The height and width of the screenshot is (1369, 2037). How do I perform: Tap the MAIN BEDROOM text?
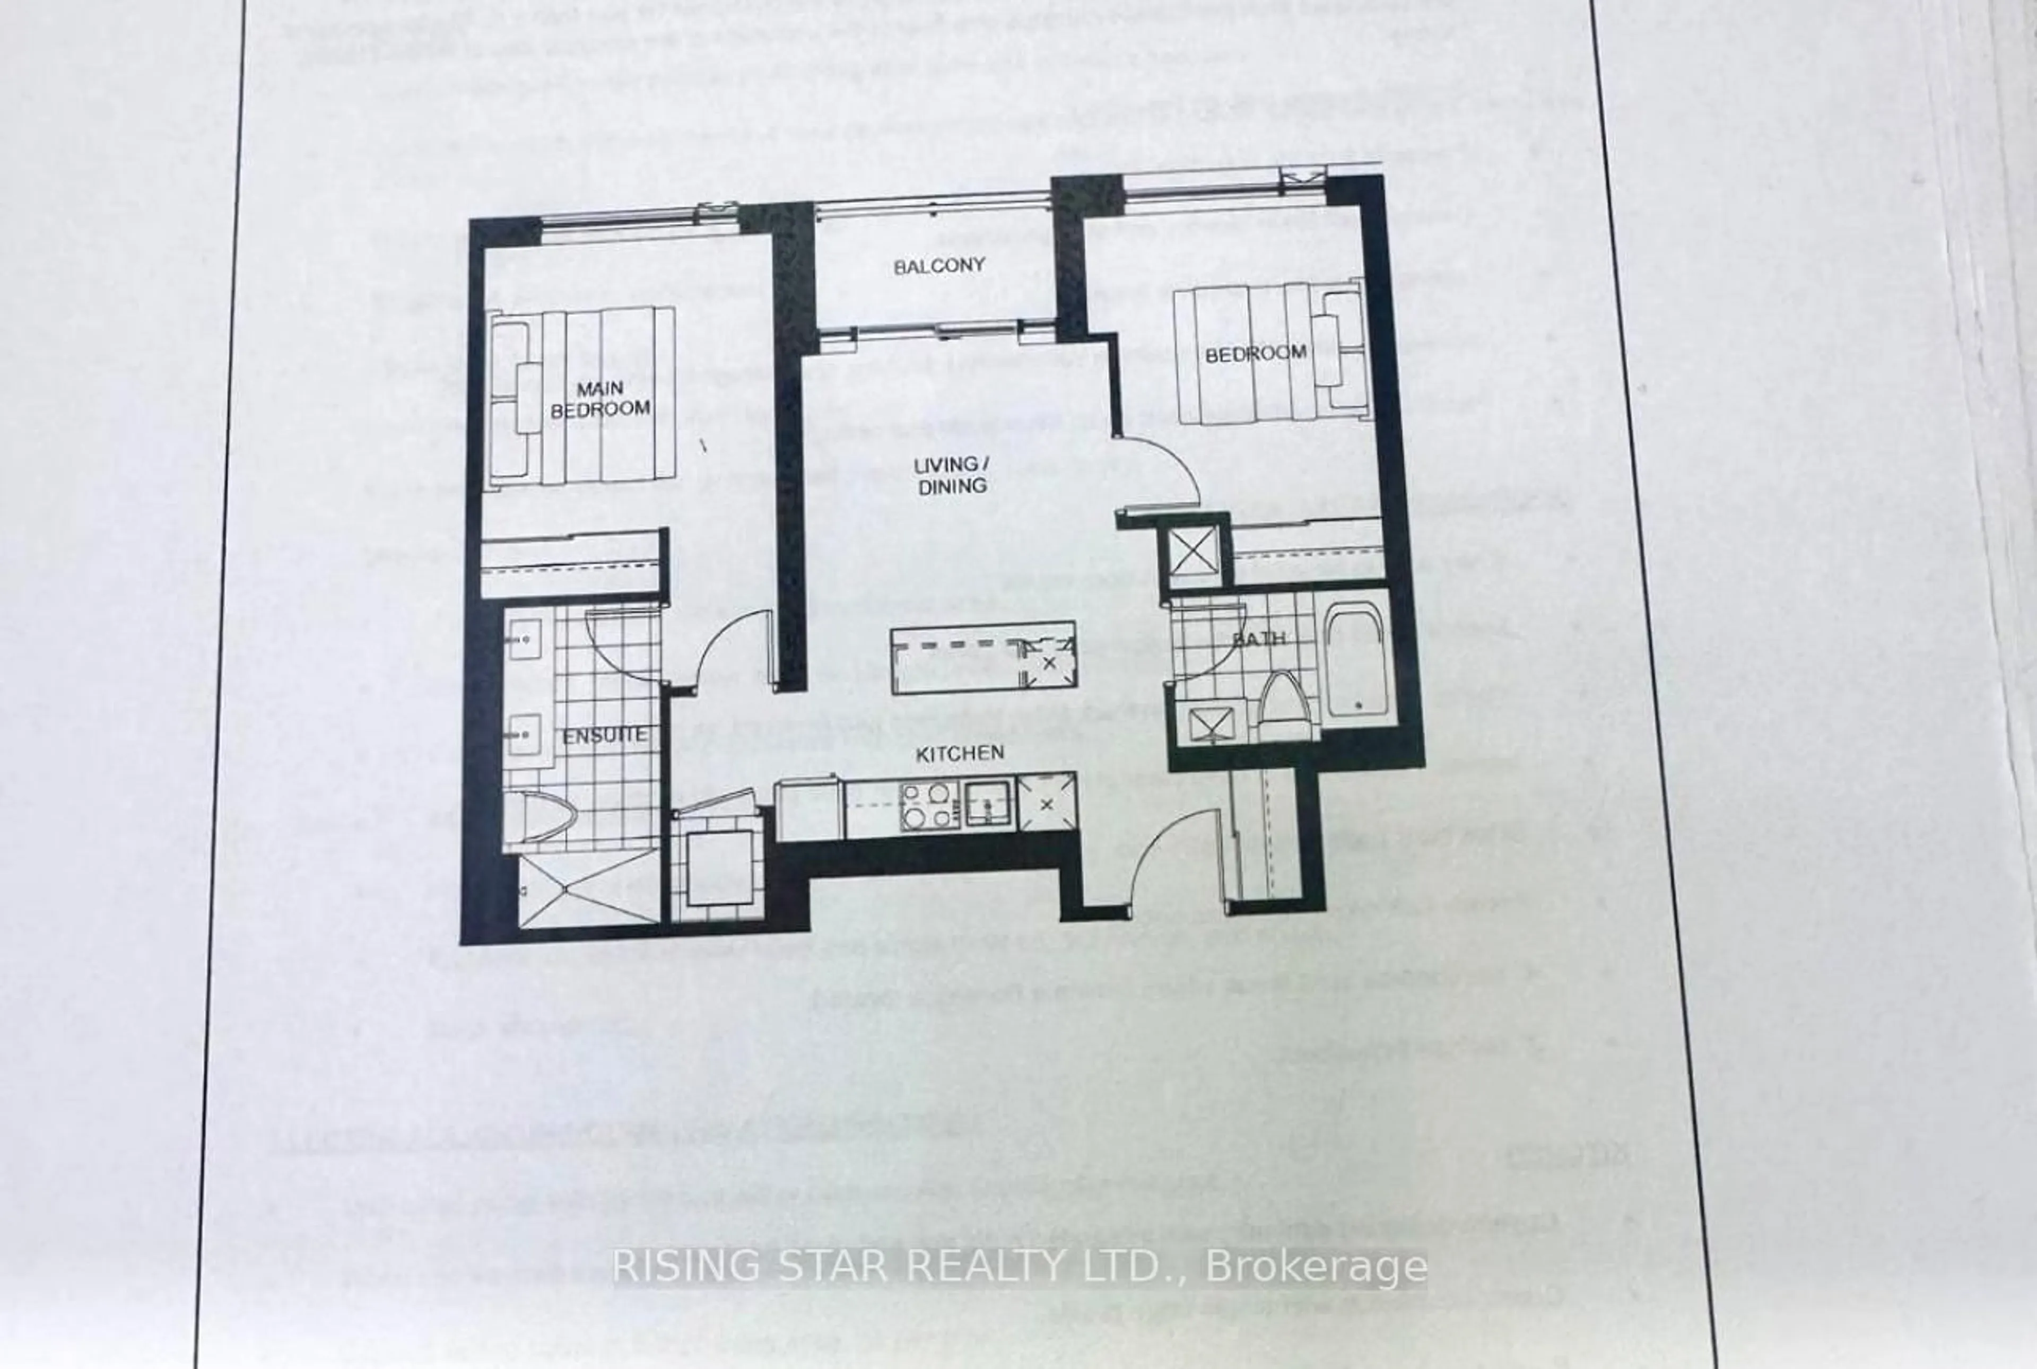[x=600, y=398]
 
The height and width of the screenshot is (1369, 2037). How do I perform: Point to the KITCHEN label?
[x=960, y=753]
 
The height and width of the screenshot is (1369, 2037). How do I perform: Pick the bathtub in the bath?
[x=1356, y=664]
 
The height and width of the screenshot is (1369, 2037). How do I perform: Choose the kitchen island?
[x=982, y=657]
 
